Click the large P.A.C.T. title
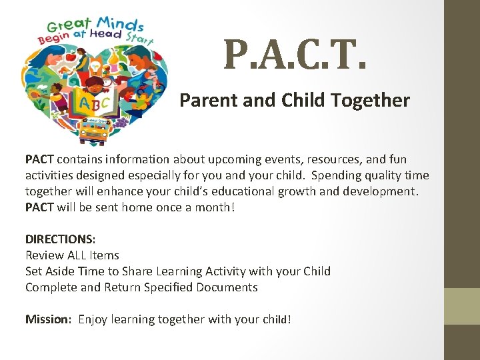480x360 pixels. (295, 55)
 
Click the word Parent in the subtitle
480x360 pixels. (203, 101)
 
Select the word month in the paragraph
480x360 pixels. (211, 207)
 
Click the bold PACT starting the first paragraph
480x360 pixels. (40, 159)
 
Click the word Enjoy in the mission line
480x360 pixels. (93, 319)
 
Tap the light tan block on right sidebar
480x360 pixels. (462, 306)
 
